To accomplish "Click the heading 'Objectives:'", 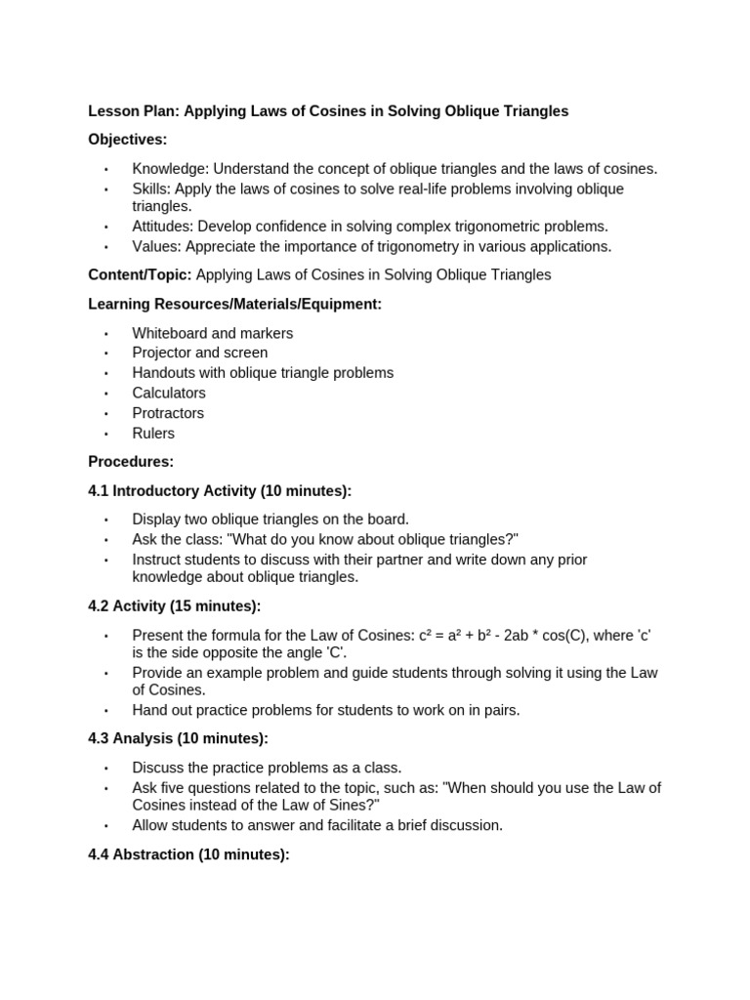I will pyautogui.click(x=128, y=140).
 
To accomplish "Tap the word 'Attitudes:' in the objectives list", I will pyautogui.click(x=163, y=227).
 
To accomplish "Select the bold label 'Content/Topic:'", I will pyautogui.click(x=140, y=275).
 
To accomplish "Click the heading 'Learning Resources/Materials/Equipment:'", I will pyautogui.click(x=234, y=305).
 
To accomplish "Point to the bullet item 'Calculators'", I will pyautogui.click(x=169, y=394).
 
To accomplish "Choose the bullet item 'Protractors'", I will pyautogui.click(x=168, y=413).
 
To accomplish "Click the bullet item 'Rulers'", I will pyautogui.click(x=153, y=434).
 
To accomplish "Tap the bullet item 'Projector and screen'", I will pyautogui.click(x=199, y=353).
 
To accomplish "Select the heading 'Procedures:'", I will pyautogui.click(x=131, y=462).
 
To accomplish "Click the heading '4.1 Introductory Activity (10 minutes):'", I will pyautogui.click(x=220, y=491).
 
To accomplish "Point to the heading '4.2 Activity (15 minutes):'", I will pyautogui.click(x=175, y=606).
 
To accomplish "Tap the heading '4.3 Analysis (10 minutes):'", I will pyautogui.click(x=178, y=739).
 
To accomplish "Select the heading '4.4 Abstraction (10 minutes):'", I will pyautogui.click(x=188, y=854).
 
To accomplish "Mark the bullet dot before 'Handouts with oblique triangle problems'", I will pyautogui.click(x=106, y=374).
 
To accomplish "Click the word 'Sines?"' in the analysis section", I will pyautogui.click(x=354, y=805).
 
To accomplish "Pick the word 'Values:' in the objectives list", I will pyautogui.click(x=156, y=246).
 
